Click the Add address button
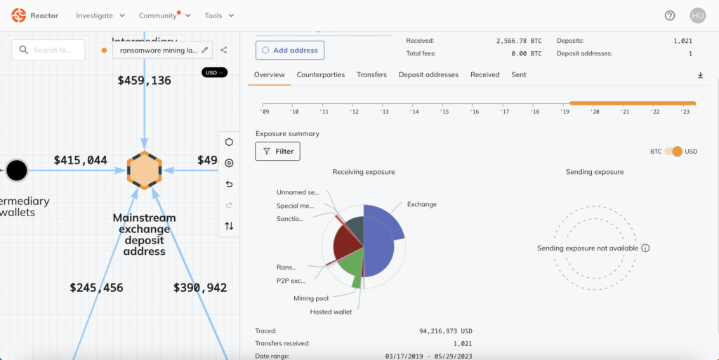[289, 51]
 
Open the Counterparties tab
[320, 74]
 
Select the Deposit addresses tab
[428, 74]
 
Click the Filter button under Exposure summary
[278, 151]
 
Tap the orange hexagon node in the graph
[145, 170]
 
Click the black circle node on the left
[17, 170]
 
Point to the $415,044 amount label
[81, 161]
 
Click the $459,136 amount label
[144, 81]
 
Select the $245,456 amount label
[97, 287]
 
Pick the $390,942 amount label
[200, 287]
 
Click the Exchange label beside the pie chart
[421, 205]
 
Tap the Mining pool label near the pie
[311, 298]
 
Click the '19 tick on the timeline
[565, 112]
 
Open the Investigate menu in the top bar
[100, 15]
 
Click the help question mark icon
[670, 15]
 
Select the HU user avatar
[697, 15]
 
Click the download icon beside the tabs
[700, 75]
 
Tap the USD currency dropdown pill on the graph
[214, 72]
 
